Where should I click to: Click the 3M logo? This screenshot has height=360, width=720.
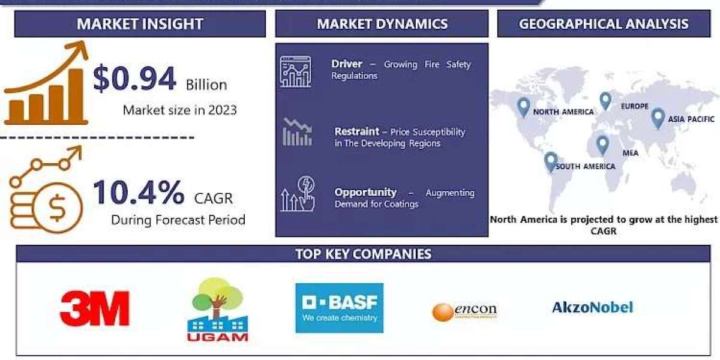coord(95,308)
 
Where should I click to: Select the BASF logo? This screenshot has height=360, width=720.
coord(339,308)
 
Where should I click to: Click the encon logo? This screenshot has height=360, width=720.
coord(464,311)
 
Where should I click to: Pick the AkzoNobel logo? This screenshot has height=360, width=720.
coord(592,308)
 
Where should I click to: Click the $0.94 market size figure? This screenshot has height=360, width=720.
coord(134,79)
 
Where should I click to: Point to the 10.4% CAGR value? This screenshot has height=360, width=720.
coord(139,193)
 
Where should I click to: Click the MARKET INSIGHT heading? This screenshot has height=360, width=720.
coord(140,24)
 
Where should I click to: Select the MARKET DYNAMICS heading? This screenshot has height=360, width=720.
coord(382,24)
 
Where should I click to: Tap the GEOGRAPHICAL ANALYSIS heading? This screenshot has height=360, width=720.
coord(604,24)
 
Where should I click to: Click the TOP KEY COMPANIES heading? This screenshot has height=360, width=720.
coord(363,254)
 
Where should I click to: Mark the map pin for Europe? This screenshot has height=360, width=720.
coord(605,101)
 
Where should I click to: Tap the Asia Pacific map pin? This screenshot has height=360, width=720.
coord(658,117)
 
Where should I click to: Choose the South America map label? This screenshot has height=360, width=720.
coord(585,166)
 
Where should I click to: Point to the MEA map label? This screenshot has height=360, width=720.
coord(630,153)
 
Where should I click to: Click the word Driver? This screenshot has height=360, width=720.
coord(347,64)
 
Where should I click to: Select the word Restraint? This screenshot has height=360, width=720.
coord(356,131)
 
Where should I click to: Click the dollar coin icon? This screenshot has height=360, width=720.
coord(58,207)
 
